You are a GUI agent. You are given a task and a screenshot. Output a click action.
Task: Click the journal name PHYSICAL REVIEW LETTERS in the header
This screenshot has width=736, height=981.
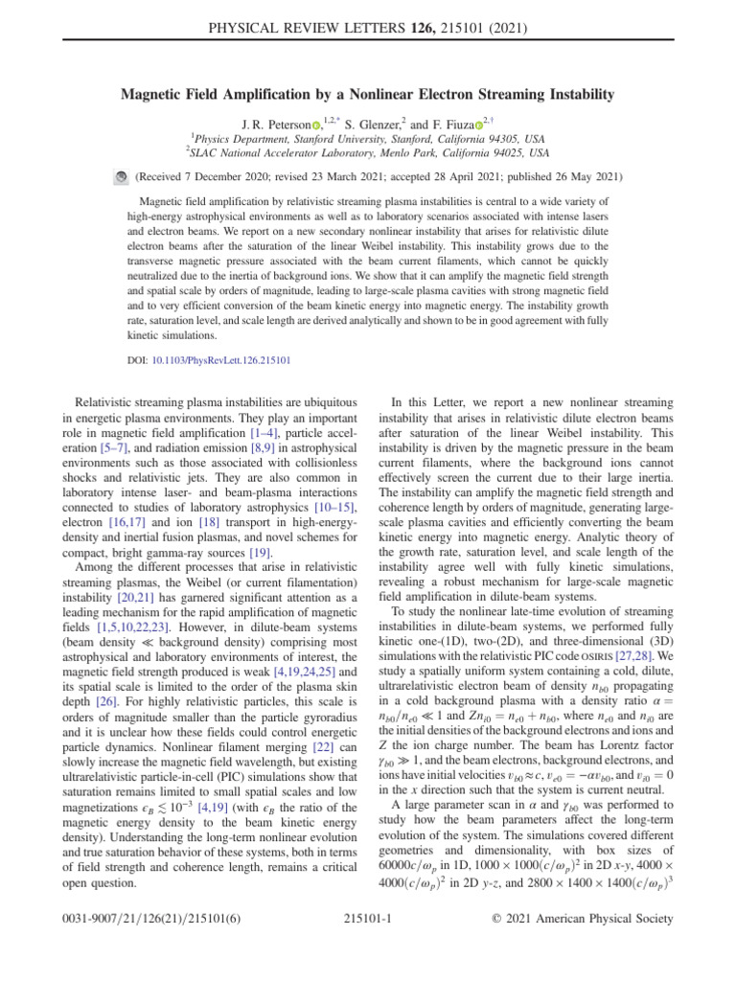point(308,15)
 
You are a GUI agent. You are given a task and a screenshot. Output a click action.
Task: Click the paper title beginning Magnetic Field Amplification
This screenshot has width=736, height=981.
point(368,94)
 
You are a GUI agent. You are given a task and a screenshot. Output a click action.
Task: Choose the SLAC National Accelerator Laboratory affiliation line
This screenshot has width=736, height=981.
point(368,151)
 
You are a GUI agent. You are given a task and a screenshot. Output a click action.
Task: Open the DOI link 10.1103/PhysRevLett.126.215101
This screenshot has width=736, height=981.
point(221,360)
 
